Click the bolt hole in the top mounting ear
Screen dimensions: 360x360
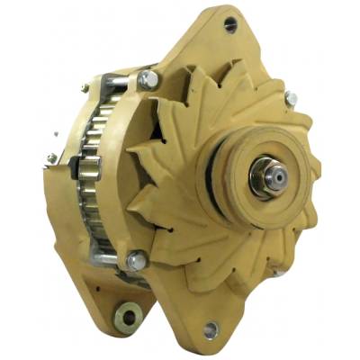pos(230,24)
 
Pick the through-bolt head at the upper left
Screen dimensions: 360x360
pos(147,81)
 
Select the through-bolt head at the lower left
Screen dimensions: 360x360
pos(136,261)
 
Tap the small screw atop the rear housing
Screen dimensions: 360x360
pos(84,87)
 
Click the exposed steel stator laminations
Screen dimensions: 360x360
pos(94,180)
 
